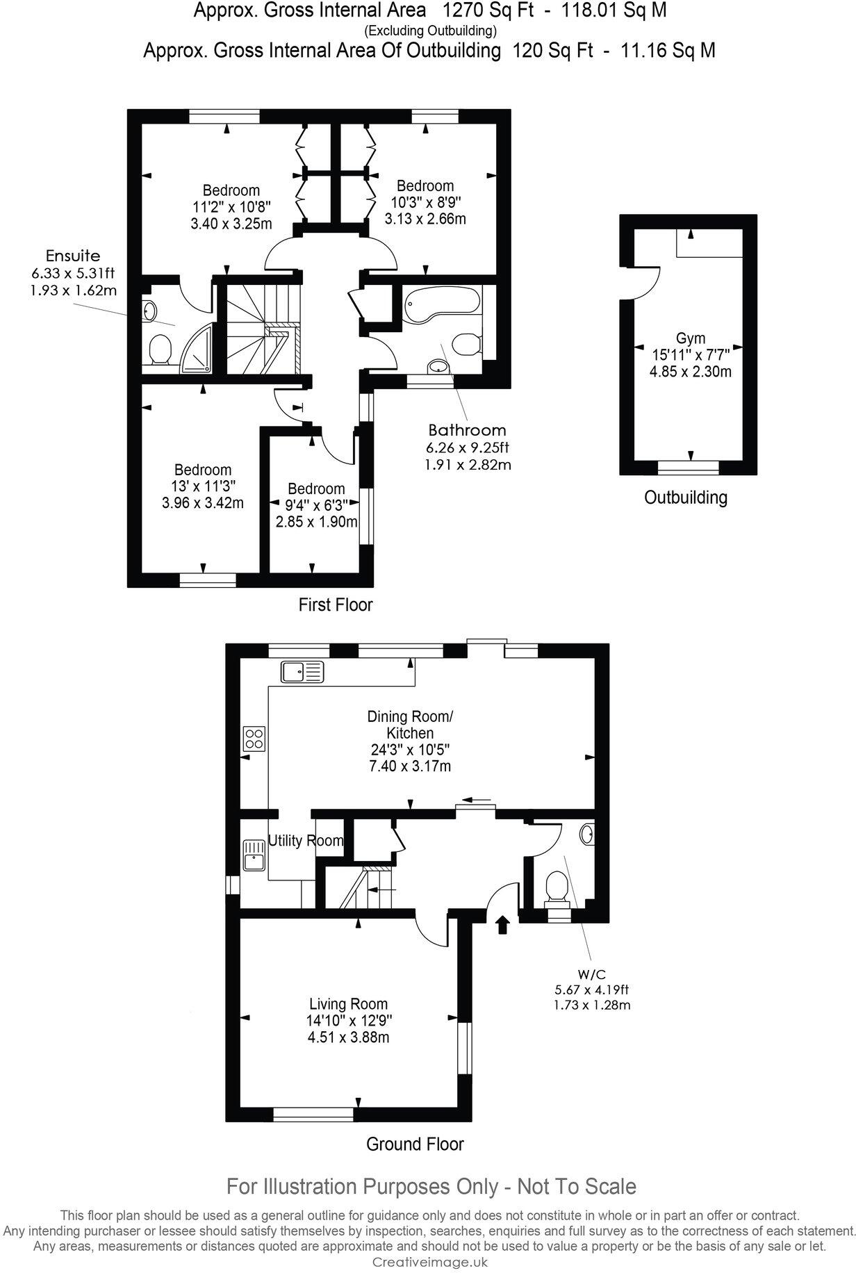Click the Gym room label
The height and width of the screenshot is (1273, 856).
(690, 339)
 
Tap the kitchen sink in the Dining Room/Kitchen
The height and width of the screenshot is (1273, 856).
(303, 671)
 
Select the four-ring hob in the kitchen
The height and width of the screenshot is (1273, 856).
(254, 737)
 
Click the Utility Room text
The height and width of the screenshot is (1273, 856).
(306, 841)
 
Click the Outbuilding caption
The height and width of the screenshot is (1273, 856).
(685, 498)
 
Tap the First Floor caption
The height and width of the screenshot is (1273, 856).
(336, 605)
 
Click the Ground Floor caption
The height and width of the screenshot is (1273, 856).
(415, 1144)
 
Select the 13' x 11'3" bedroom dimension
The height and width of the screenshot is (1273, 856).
(202, 486)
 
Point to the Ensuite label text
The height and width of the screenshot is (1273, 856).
(73, 255)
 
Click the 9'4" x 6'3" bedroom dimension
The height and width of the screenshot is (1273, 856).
(316, 505)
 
